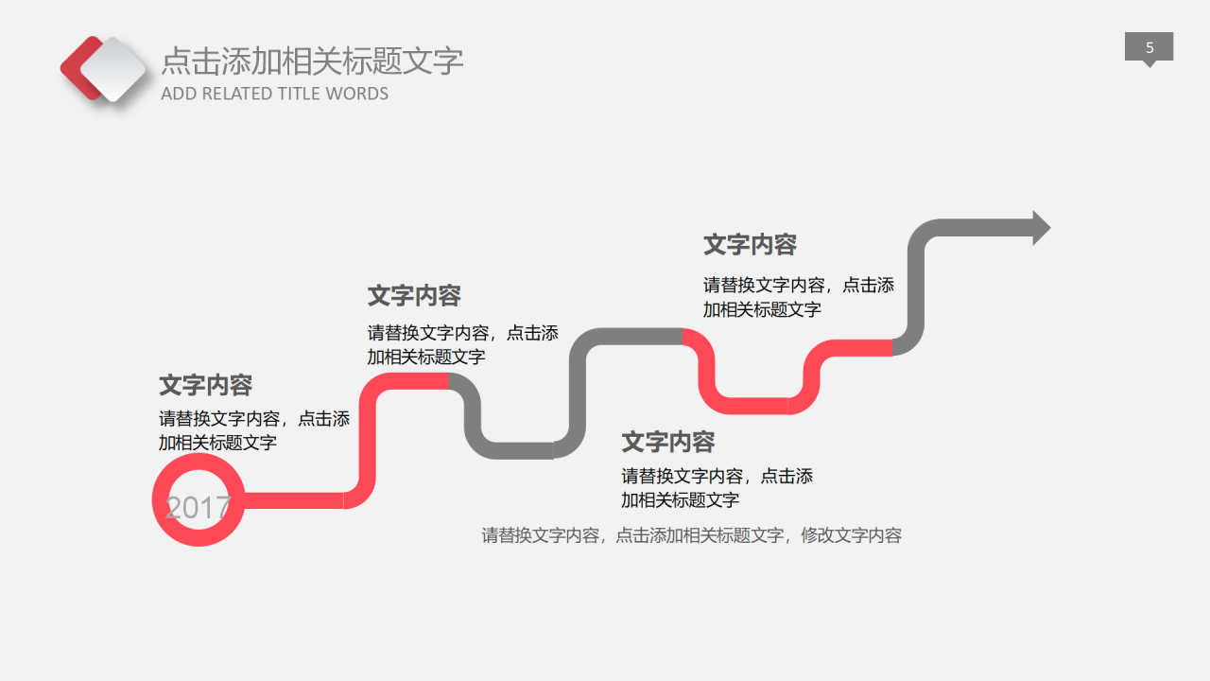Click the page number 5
(1149, 47)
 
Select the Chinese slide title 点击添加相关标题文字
(312, 61)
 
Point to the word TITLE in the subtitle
(300, 94)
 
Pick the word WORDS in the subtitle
(357, 94)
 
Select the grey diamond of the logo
(113, 69)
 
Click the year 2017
(198, 508)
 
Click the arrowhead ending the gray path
(1041, 228)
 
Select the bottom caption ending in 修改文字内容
(692, 535)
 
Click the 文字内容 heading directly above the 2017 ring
(206, 386)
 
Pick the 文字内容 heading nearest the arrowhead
(750, 245)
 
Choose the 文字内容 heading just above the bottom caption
(667, 442)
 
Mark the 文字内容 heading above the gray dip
(414, 296)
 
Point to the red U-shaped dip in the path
(752, 405)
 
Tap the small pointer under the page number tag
(1149, 63)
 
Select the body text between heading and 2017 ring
(253, 430)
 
